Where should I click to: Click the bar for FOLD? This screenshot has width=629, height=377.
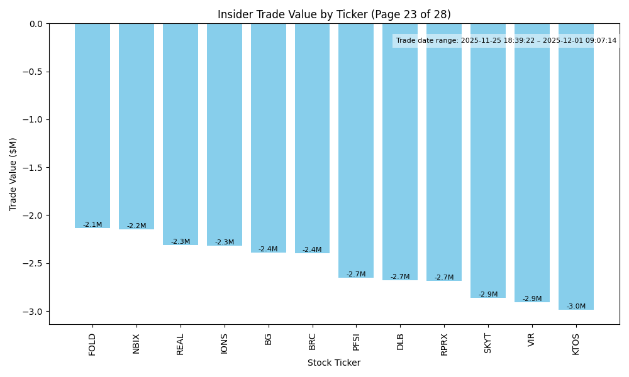click(x=92, y=126)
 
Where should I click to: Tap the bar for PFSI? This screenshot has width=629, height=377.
click(x=356, y=151)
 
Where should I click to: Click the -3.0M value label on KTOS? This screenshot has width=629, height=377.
click(x=576, y=307)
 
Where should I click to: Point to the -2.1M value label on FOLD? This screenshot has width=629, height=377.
click(x=92, y=225)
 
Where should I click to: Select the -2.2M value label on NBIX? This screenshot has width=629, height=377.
click(x=136, y=226)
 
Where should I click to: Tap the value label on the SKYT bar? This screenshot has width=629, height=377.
click(x=488, y=295)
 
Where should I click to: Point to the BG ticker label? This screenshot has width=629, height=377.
click(x=269, y=339)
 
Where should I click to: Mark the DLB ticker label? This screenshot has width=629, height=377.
click(x=400, y=341)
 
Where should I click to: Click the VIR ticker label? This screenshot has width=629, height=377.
click(x=532, y=340)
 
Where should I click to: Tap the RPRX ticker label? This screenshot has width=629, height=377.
click(x=444, y=344)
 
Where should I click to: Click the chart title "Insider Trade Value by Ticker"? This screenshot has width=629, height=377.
click(x=334, y=14)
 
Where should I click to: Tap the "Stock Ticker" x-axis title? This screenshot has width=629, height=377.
click(x=334, y=363)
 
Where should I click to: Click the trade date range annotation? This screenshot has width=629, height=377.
click(x=506, y=41)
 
